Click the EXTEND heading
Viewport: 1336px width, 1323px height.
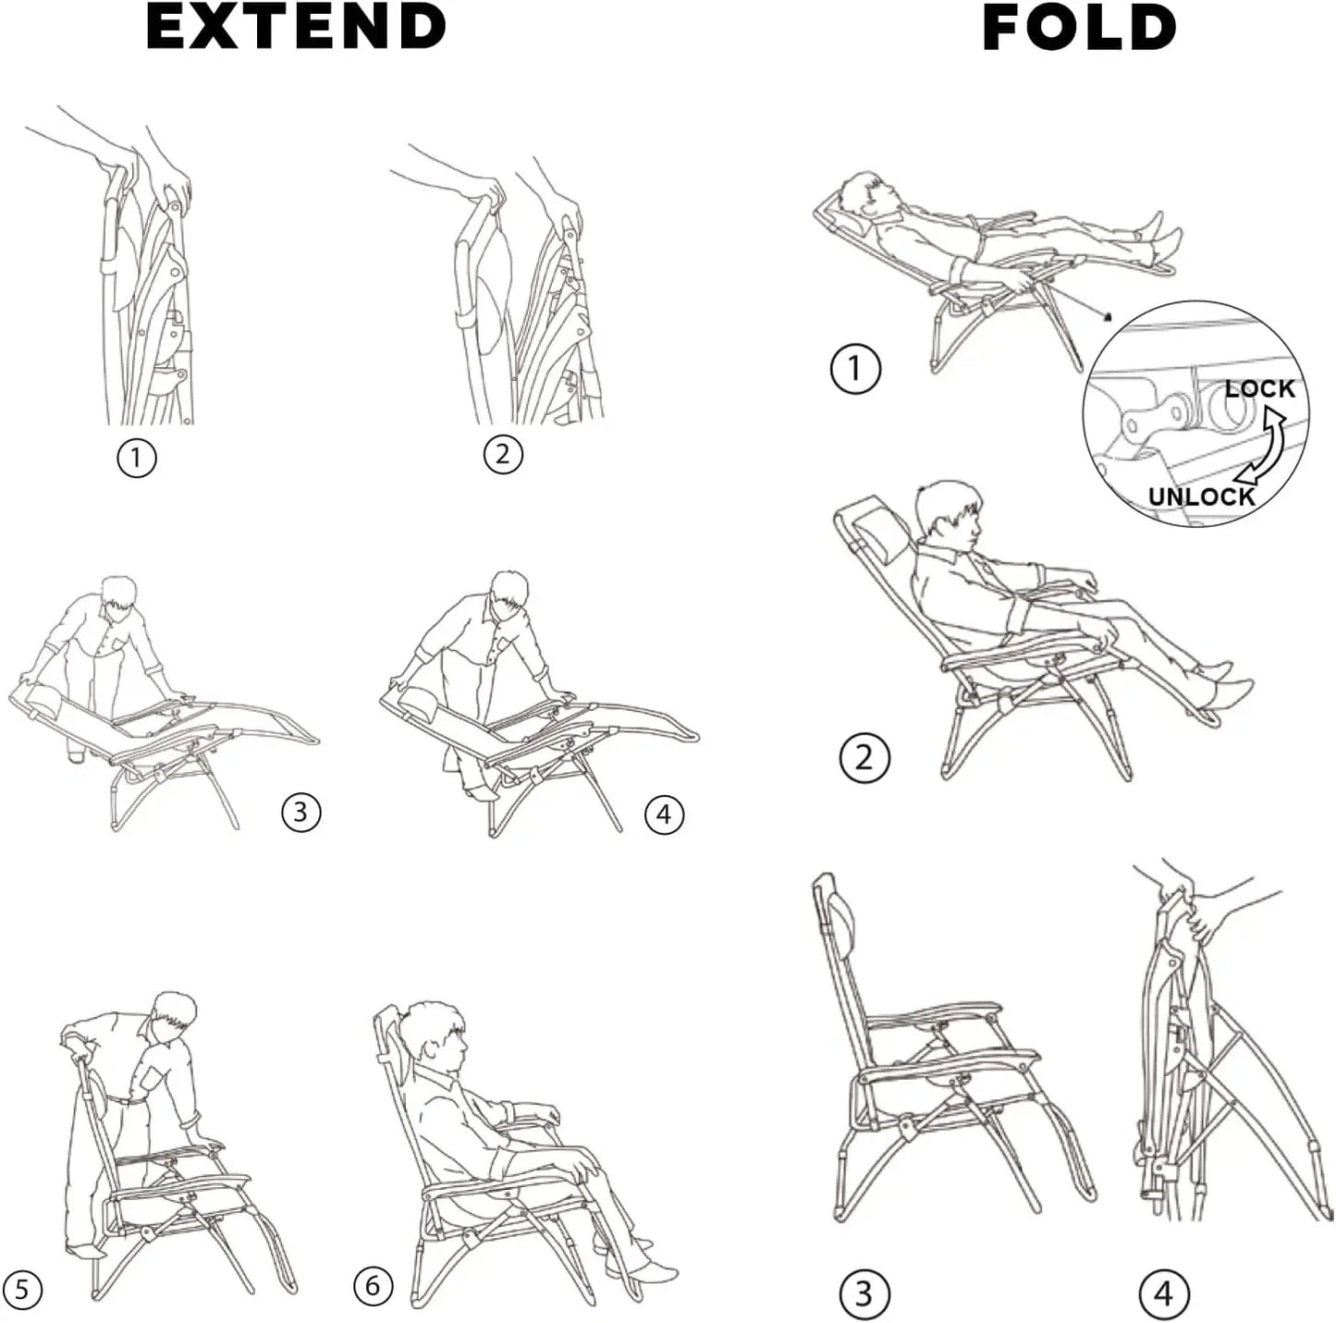point(296,27)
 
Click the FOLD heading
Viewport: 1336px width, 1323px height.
point(1079,28)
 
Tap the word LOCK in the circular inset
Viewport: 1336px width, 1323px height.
point(1259,388)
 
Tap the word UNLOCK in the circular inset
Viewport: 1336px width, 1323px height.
point(1201,496)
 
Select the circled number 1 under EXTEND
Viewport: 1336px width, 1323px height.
point(137,458)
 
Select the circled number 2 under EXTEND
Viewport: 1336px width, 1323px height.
point(503,454)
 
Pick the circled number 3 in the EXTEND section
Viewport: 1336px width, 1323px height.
point(300,812)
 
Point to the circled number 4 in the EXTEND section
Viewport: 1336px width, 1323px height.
point(664,815)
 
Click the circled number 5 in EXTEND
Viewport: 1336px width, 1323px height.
point(23,1290)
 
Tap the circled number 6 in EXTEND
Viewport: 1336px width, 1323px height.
point(374,1286)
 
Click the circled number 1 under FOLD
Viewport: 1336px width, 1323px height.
point(855,369)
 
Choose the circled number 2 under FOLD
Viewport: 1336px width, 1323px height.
point(864,758)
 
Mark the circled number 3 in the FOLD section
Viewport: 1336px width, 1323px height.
point(864,1293)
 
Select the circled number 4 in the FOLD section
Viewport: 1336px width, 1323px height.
point(1164,1293)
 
